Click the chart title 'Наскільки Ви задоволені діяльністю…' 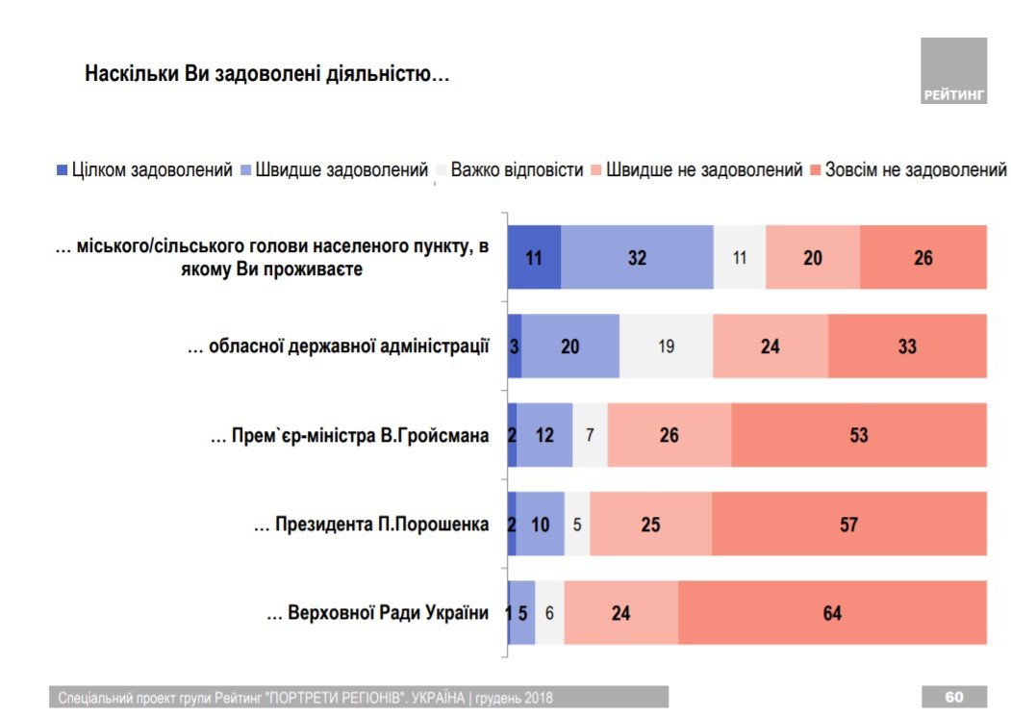267,74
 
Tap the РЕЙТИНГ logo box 953,70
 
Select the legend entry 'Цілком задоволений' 144,170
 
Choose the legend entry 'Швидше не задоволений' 695,170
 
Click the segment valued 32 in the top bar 637,258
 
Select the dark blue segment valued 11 534,258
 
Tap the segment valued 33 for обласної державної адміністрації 907,346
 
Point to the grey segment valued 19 667,346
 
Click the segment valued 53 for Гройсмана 859,435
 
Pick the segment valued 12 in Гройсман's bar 544,435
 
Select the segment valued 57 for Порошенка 848,525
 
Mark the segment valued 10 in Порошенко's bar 540,525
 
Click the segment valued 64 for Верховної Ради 832,613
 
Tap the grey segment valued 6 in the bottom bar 549,613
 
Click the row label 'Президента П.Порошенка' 370,525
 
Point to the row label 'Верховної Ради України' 377,613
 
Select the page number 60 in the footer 953,697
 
